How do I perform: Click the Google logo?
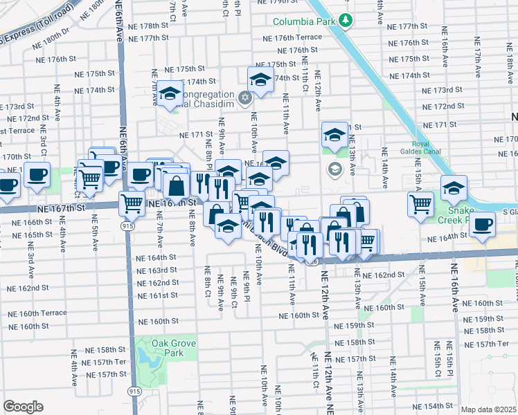tap(23, 407)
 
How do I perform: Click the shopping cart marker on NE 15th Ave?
tap(420, 204)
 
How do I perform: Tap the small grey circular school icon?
tap(334, 169)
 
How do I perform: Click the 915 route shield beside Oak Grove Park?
tap(131, 391)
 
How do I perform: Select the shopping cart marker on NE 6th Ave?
tap(132, 203)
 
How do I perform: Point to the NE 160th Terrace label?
tap(25, 313)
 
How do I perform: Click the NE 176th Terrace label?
tap(299, 37)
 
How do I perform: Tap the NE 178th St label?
tap(145, 25)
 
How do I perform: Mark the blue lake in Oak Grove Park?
tap(147, 357)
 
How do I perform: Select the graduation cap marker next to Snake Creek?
tap(453, 187)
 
